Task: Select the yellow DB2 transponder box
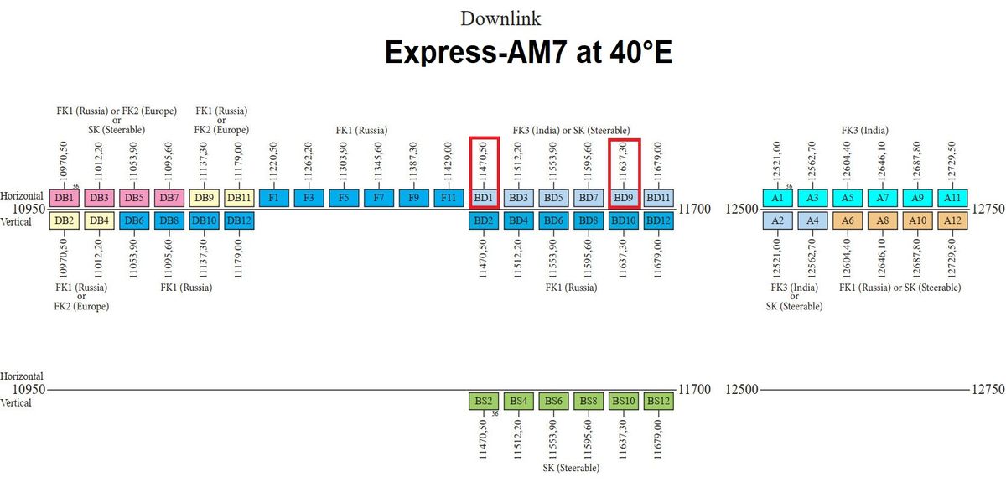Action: (64, 220)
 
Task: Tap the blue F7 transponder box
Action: (379, 198)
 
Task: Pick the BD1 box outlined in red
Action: (484, 198)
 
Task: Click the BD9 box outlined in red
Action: (624, 198)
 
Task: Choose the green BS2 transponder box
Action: (484, 402)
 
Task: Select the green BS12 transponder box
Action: (659, 402)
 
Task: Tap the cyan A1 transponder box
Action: (777, 198)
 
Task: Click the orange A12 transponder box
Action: (952, 220)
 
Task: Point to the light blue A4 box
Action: (812, 220)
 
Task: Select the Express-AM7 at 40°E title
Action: (528, 52)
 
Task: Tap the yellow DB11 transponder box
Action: (239, 198)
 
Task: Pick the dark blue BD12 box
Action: (659, 220)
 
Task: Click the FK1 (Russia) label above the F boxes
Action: (361, 130)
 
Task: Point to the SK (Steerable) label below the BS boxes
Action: (571, 468)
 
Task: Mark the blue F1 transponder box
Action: (274, 198)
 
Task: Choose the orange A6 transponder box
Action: (848, 220)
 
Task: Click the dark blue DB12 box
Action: (239, 220)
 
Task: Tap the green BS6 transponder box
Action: (553, 402)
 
